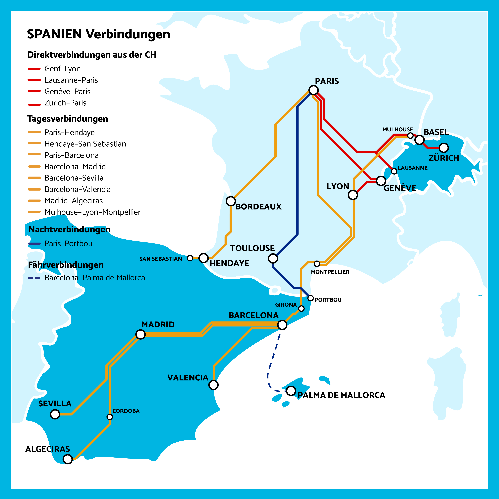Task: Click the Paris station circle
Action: (x=313, y=90)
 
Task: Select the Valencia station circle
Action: (x=213, y=385)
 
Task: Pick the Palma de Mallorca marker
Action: (x=291, y=391)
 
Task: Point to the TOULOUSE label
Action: (x=252, y=248)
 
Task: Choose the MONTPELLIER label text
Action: (x=330, y=272)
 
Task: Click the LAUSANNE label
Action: (x=413, y=168)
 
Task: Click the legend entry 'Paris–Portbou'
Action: (x=68, y=244)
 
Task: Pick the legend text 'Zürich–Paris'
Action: (x=65, y=103)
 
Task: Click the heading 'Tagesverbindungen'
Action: (x=68, y=119)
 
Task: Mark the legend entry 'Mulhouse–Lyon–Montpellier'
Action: (x=92, y=212)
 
